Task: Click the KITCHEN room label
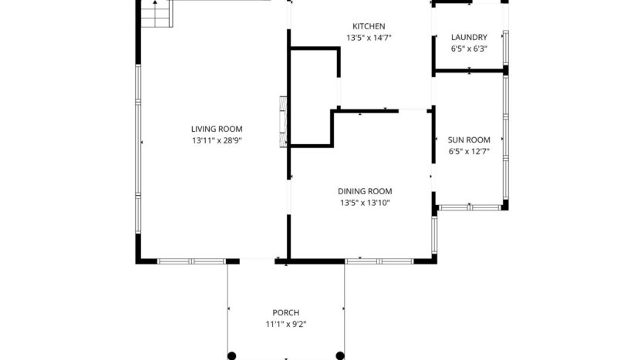369,26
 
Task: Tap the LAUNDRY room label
469,37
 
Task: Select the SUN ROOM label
469,140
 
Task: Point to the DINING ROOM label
365,191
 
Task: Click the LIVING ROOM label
217,129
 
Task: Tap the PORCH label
285,312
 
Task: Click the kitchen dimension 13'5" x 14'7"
369,38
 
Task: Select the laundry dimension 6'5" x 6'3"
469,49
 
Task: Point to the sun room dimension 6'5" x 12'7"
469,152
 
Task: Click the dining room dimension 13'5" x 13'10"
365,204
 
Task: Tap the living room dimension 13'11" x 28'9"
217,141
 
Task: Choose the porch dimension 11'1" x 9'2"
285,325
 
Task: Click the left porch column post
231,355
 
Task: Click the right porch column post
340,355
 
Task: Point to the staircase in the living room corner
157,14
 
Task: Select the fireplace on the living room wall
283,121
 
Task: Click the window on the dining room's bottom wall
379,261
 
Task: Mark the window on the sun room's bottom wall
470,207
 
